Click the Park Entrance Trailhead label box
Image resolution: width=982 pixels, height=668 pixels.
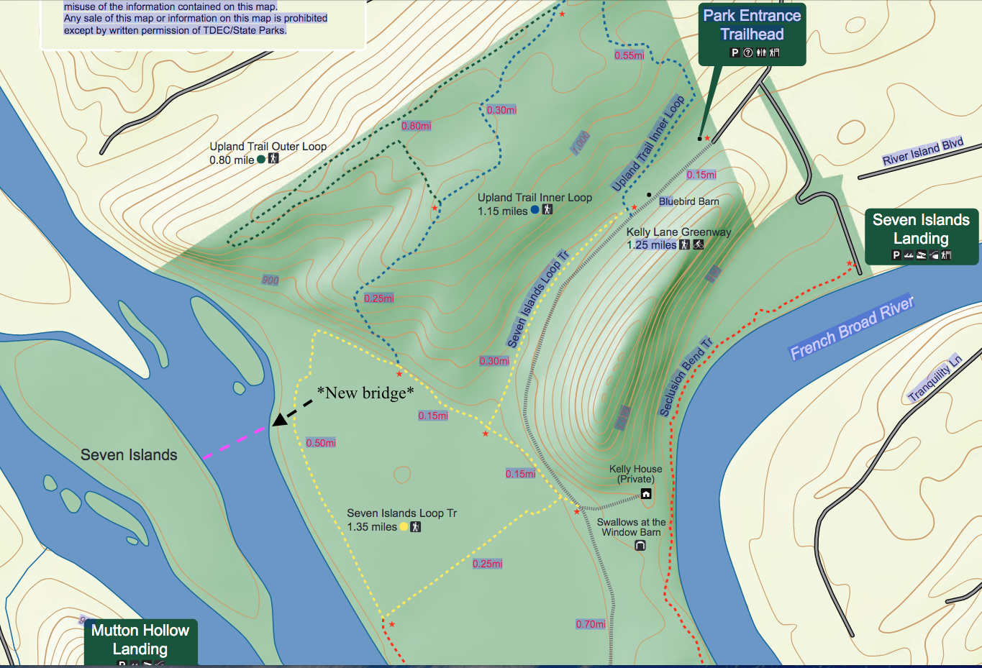pos(752,34)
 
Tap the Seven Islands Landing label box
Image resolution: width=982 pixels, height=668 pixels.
pos(921,237)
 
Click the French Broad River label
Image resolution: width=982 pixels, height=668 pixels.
pos(852,328)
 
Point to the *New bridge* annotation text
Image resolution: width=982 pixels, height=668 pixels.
pos(365,393)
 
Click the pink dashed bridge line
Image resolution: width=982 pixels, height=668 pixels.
pos(234,442)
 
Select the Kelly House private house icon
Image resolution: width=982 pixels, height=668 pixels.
pos(646,493)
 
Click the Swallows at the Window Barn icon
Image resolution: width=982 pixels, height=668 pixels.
pos(640,546)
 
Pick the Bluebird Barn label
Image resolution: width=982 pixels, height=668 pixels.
pos(688,201)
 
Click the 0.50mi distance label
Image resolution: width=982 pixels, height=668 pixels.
pos(321,443)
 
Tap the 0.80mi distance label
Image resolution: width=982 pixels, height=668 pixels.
pos(417,126)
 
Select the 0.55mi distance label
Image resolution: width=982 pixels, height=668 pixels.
pos(629,55)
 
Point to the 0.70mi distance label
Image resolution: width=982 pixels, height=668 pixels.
pos(591,624)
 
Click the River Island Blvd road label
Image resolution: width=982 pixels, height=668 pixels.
pos(923,151)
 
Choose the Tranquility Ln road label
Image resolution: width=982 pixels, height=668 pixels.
pos(935,378)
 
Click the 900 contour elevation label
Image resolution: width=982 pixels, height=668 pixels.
pos(270,280)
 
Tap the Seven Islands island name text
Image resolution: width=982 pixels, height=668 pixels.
pos(129,454)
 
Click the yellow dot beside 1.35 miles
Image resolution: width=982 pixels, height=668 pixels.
pos(404,527)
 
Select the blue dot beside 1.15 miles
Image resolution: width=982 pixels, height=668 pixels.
pos(535,210)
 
